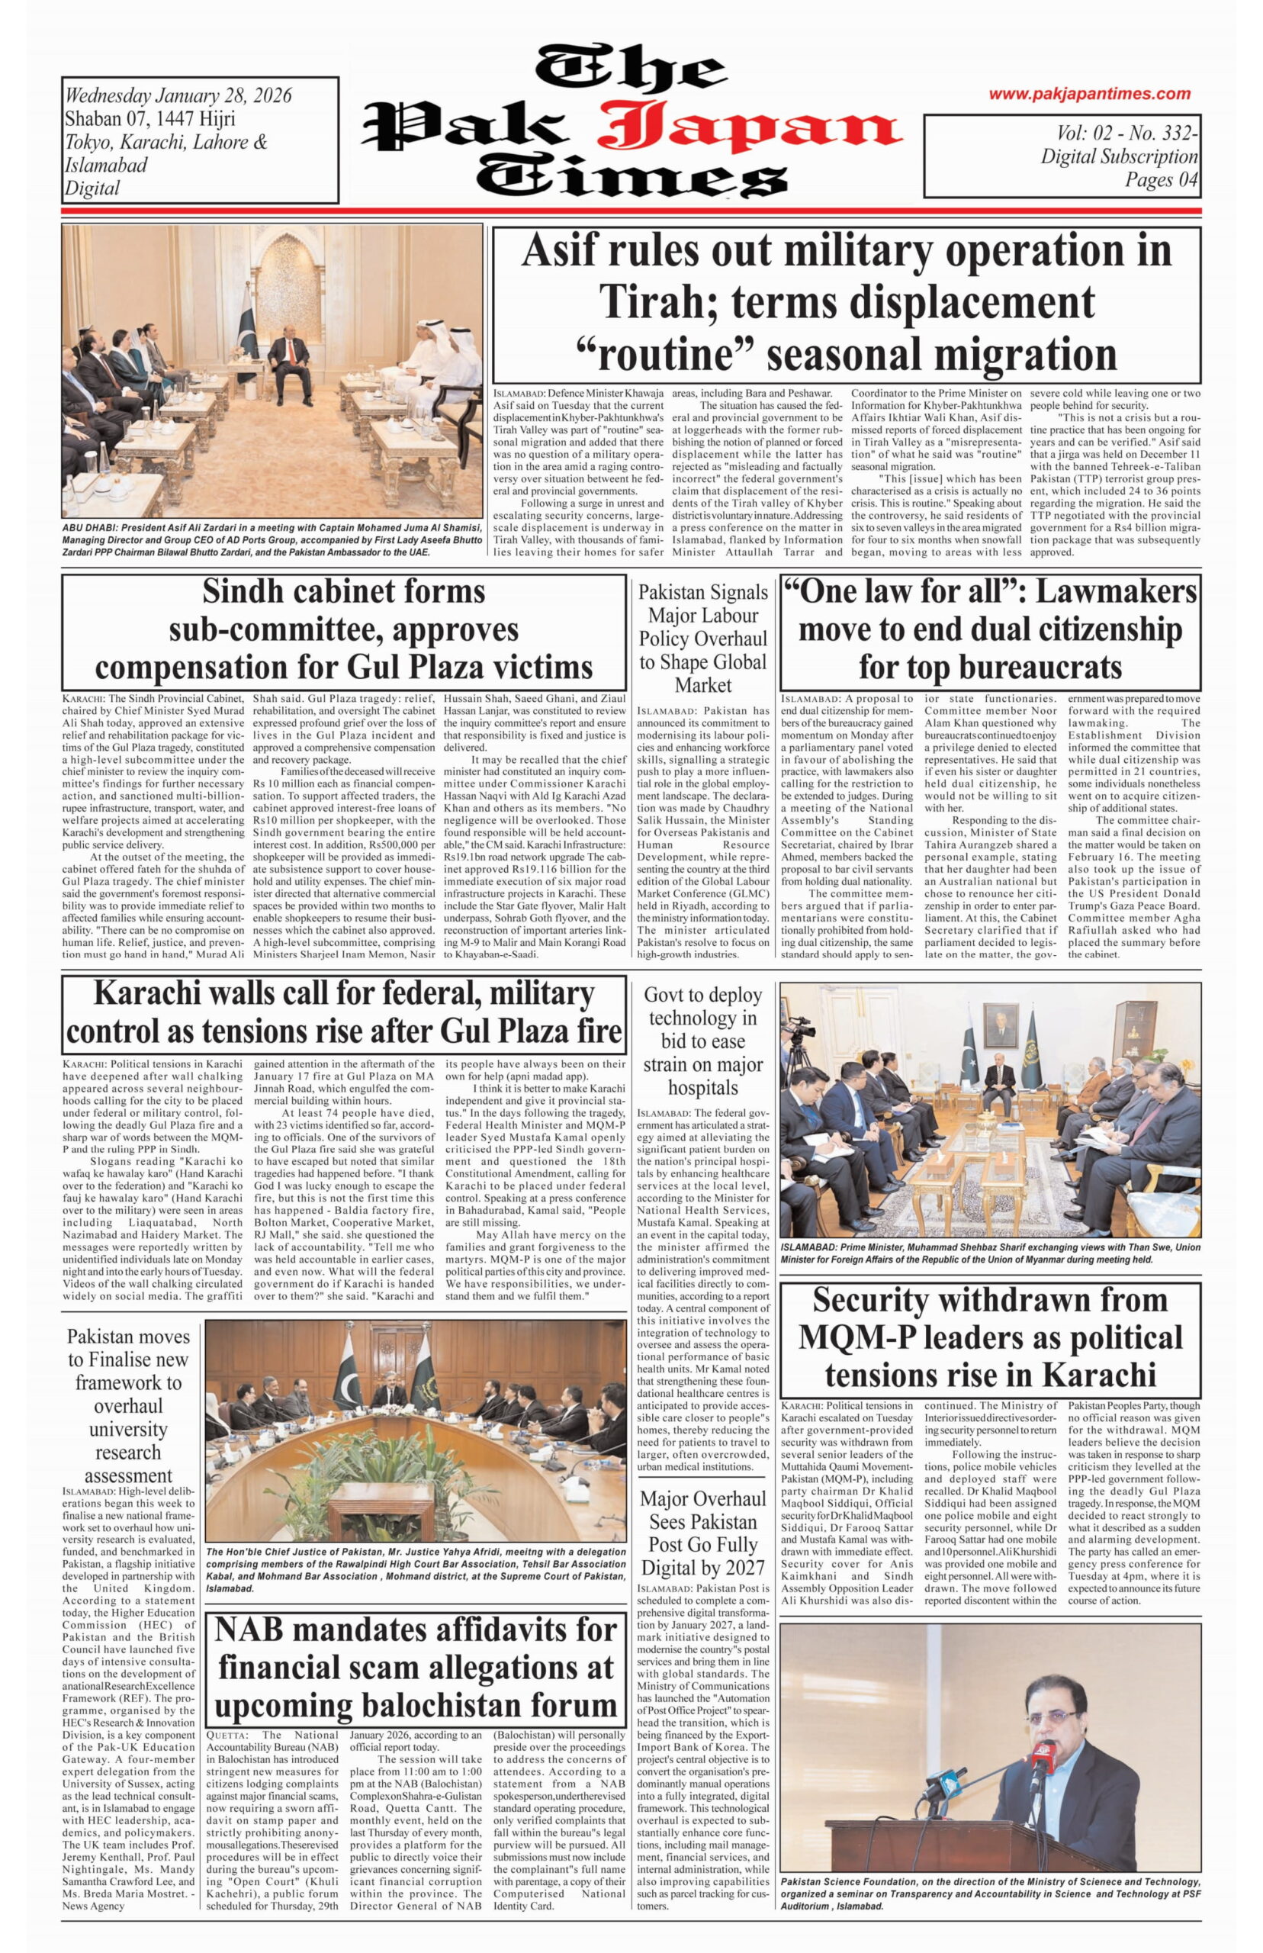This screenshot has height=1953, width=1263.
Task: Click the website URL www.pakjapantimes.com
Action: tap(1089, 95)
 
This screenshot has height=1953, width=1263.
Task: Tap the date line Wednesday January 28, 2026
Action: tap(178, 96)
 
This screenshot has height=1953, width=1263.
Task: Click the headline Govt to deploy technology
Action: tap(703, 1040)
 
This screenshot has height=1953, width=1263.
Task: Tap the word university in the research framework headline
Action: tap(128, 1429)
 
